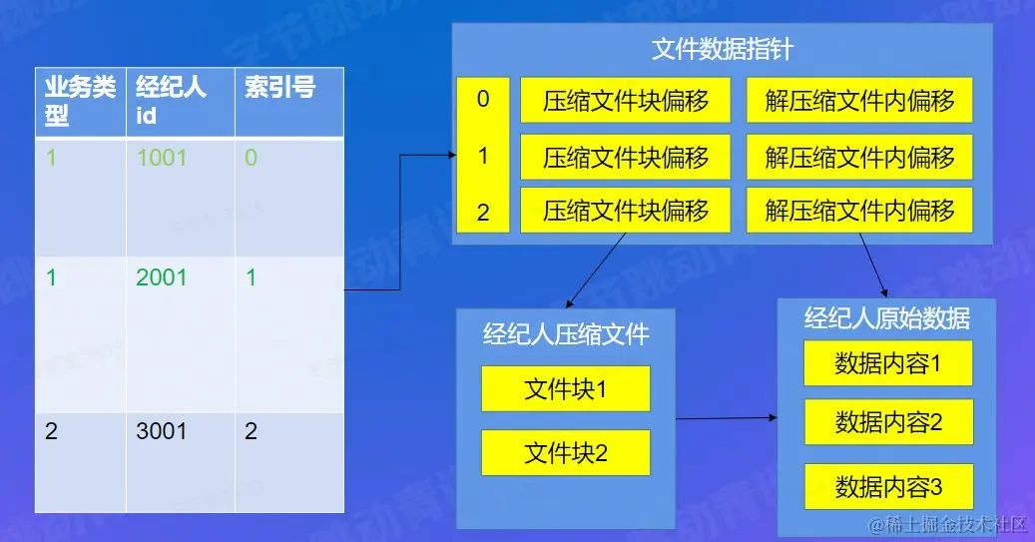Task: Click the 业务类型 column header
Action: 80,101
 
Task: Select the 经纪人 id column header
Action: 171,101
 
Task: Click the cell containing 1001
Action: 161,158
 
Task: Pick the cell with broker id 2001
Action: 161,277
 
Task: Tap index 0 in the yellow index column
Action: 483,99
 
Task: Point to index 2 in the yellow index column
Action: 483,212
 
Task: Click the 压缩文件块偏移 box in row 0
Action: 625,101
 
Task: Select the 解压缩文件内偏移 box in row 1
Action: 859,157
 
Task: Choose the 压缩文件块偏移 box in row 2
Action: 625,211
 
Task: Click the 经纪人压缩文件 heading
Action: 565,333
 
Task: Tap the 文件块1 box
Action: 565,389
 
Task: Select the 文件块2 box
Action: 565,453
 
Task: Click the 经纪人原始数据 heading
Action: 886,318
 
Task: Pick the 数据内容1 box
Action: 887,364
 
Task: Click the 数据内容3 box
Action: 887,487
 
